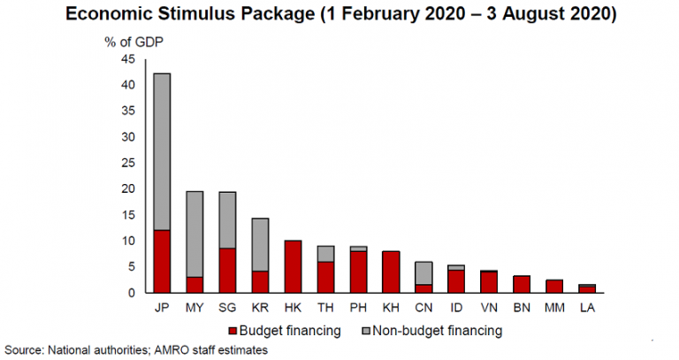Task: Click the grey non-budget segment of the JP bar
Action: [x=162, y=151]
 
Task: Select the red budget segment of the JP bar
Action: [x=162, y=261]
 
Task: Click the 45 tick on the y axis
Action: [x=129, y=59]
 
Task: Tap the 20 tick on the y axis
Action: [x=129, y=189]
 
